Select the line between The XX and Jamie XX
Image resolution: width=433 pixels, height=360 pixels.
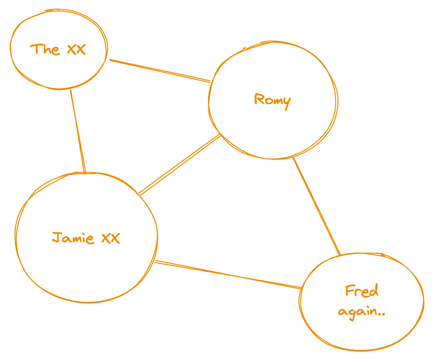coord(78,130)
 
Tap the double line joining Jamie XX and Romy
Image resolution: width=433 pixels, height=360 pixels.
coord(179,165)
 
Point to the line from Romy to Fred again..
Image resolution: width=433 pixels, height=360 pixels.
coord(316,206)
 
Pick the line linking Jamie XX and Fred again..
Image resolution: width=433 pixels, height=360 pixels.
coord(228,275)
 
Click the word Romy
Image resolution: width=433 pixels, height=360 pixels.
coord(272,100)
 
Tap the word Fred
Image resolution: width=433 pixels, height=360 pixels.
coord(362,291)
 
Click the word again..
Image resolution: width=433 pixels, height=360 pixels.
coord(357,312)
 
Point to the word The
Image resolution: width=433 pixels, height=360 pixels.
coord(45,49)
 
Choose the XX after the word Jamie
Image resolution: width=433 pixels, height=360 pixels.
coord(111,238)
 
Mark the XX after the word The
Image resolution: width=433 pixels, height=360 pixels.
coord(76,49)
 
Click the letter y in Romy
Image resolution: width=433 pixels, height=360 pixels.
coord(287,102)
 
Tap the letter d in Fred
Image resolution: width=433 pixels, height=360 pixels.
coord(374,291)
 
